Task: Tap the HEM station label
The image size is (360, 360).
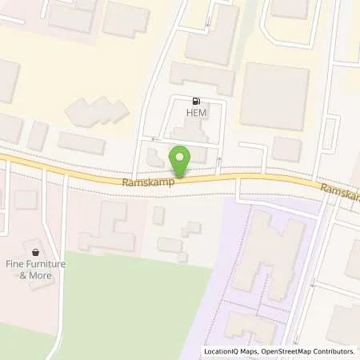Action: (x=196, y=114)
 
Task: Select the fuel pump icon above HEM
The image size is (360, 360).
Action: (x=196, y=101)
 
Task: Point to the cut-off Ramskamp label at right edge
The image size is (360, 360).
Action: (x=339, y=192)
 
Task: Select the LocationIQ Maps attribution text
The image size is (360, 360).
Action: (x=231, y=351)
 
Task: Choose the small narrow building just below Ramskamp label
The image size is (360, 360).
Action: (x=158, y=214)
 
